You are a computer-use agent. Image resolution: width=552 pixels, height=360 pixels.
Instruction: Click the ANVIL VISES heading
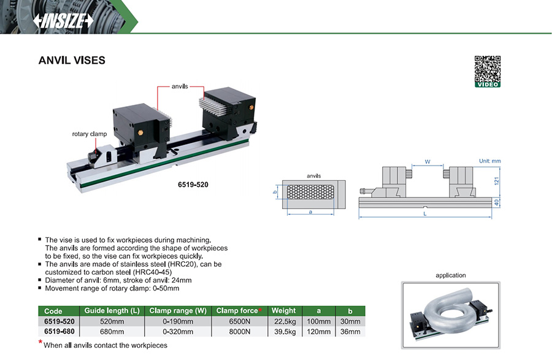click(72, 61)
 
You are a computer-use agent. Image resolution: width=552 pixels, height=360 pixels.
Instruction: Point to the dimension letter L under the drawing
click(425, 214)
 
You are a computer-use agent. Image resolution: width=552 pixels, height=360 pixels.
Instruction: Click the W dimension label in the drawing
click(427, 163)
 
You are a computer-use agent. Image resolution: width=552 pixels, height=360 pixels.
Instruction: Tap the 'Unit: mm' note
click(489, 161)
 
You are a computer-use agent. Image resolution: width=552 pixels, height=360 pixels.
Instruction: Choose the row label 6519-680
click(59, 332)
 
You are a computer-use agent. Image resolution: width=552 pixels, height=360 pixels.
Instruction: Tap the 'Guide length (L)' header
click(114, 311)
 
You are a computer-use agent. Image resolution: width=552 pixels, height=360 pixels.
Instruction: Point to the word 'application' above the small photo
click(451, 275)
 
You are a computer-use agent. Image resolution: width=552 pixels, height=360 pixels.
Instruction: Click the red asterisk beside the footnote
click(40, 343)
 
